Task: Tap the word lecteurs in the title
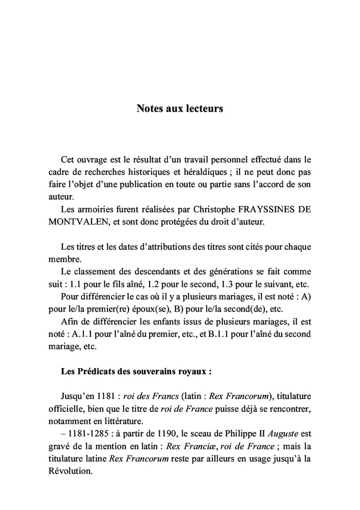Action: click(203, 109)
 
